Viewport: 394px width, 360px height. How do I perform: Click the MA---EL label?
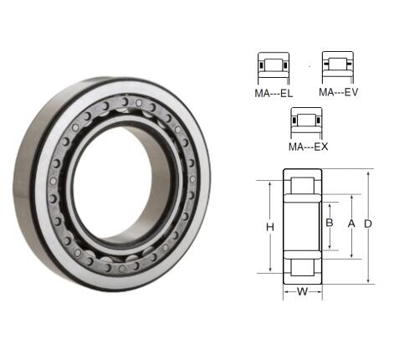(274, 93)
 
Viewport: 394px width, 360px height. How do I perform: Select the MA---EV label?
(338, 92)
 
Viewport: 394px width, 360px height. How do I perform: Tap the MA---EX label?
(308, 147)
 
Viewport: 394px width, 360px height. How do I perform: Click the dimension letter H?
(270, 227)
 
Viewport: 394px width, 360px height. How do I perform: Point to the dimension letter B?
(330, 223)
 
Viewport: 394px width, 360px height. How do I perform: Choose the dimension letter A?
(351, 224)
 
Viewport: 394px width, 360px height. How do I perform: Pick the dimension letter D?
(368, 224)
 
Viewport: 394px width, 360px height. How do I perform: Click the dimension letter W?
(302, 291)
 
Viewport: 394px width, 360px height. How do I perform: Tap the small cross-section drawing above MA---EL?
(274, 69)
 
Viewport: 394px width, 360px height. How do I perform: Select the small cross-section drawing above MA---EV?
(338, 68)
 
